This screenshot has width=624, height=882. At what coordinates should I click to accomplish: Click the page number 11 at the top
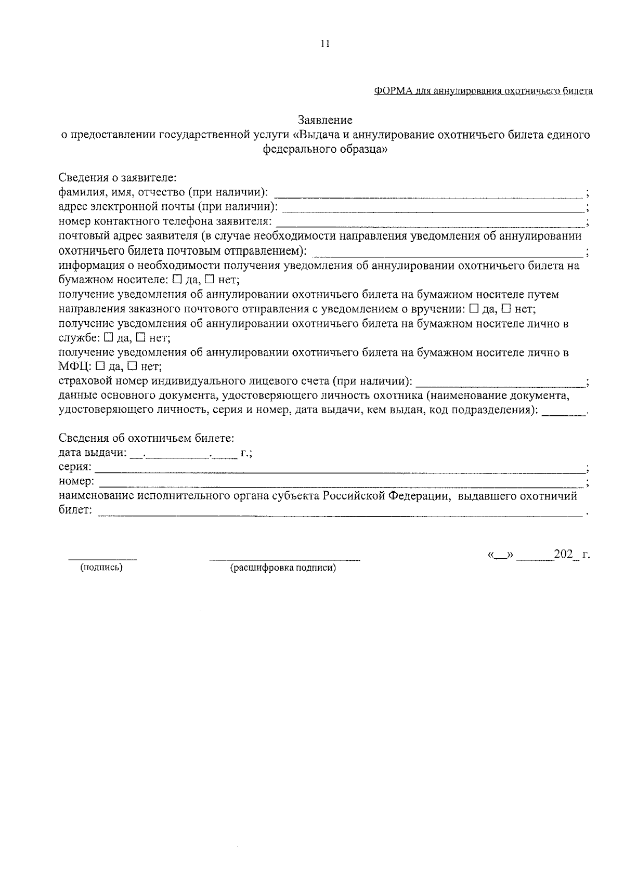pos(325,44)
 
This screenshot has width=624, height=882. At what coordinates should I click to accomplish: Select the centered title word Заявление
pos(326,120)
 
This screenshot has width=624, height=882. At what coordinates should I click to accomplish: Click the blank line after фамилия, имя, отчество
pos(427,196)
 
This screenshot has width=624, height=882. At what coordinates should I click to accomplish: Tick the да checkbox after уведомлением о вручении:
pos(474,309)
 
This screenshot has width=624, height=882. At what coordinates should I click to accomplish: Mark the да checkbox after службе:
pos(108,338)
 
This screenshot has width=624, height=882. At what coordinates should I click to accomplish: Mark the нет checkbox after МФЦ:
pos(132,367)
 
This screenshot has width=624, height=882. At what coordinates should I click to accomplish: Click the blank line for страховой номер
pos(499,386)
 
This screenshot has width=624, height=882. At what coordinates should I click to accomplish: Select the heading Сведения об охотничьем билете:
pos(146,438)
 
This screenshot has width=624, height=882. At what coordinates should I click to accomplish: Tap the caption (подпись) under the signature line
pos(101,568)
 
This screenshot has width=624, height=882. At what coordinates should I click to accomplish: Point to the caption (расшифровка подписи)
pos(283,568)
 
